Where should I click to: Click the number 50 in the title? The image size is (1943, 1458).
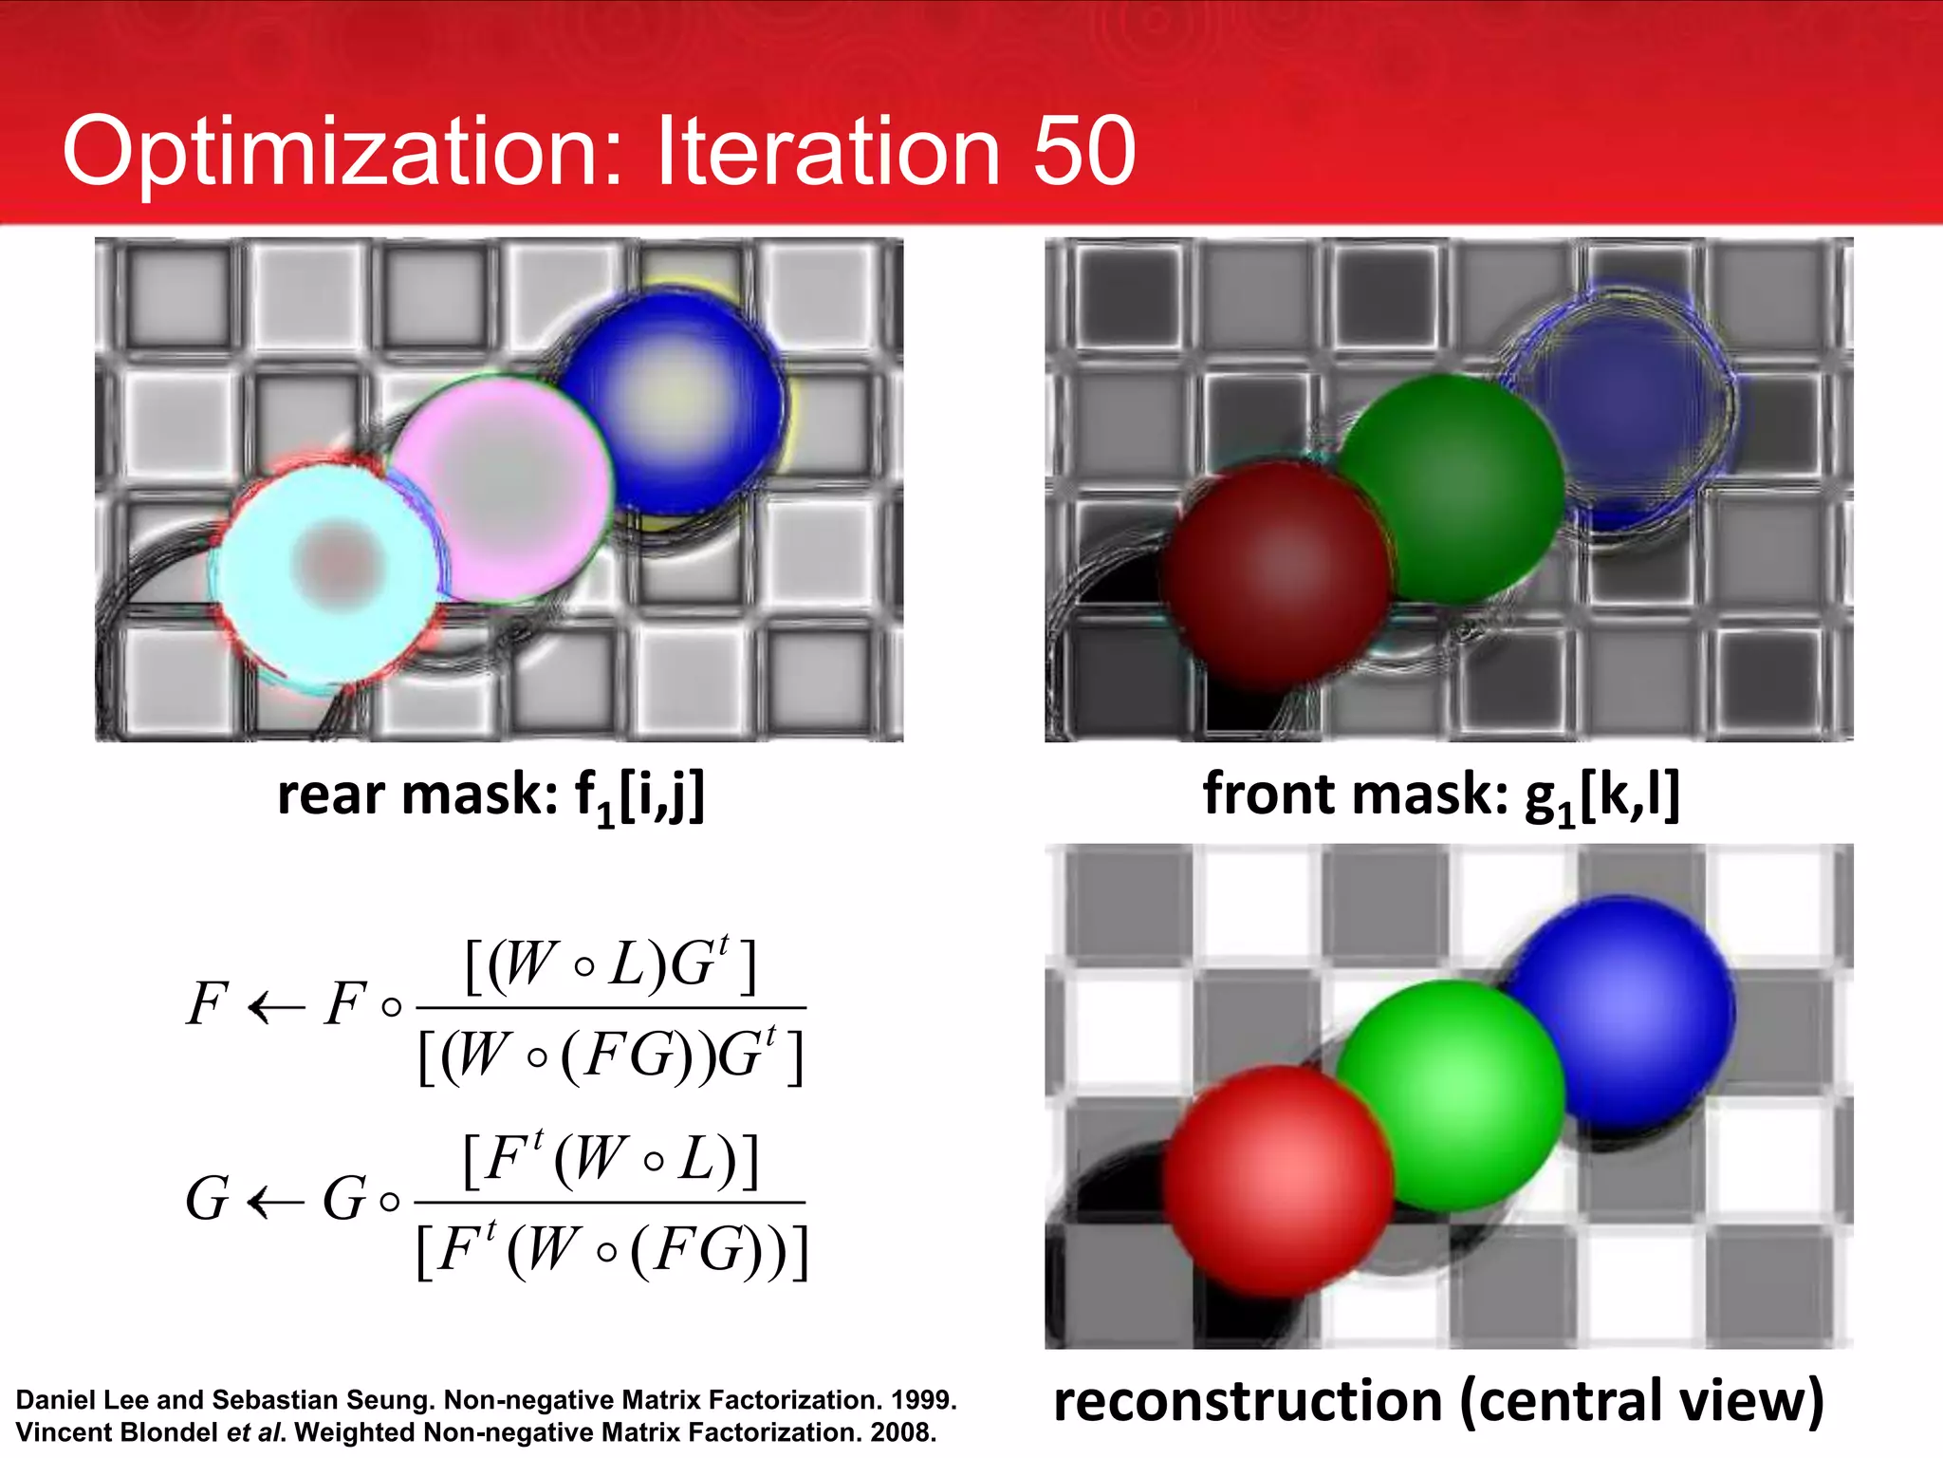(x=1083, y=152)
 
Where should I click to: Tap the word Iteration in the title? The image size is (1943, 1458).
(x=827, y=152)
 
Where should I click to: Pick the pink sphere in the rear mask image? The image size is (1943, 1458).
(x=503, y=485)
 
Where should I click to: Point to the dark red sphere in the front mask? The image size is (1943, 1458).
(x=1276, y=573)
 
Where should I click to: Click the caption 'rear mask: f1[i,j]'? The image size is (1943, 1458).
(x=491, y=795)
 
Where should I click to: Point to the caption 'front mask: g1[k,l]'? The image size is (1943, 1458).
(x=1441, y=795)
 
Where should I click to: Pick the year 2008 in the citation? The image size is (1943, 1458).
(x=901, y=1432)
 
